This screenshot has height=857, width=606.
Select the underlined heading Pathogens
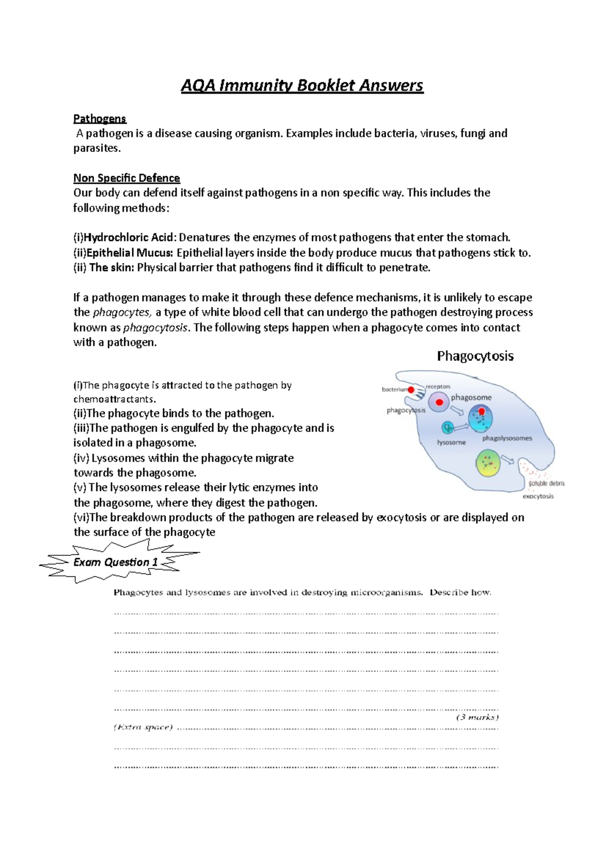pos(99,119)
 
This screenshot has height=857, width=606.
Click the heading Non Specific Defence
pos(126,178)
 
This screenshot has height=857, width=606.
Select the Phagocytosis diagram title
pos(475,356)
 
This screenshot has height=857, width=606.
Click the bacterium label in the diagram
pos(394,390)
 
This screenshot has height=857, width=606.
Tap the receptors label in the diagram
pos(438,387)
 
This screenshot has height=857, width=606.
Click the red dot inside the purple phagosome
pos(439,402)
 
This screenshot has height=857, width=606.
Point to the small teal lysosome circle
pos(447,428)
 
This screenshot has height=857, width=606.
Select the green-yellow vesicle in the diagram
pos(488,463)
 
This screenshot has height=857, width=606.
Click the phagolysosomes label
pos(507,438)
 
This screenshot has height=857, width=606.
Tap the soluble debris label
pos(546,484)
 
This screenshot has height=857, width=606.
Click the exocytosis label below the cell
pos(538,496)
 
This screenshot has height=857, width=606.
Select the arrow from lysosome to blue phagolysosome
pos(461,427)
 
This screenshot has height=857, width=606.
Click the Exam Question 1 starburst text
pos(116,562)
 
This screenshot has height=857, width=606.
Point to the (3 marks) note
pos(477,717)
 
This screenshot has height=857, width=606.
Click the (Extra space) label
pos(143,727)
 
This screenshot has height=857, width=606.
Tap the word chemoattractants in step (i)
pos(114,399)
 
